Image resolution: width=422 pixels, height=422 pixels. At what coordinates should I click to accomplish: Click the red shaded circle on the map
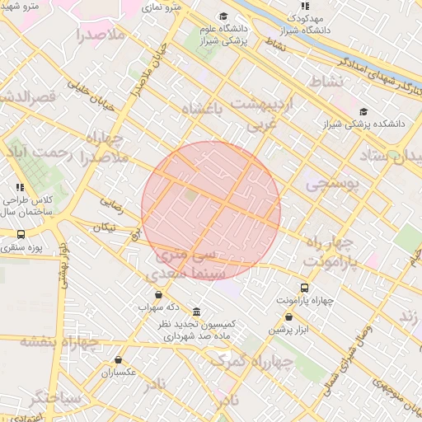click(211, 210)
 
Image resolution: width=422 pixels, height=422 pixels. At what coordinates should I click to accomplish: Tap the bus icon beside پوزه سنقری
click(21, 234)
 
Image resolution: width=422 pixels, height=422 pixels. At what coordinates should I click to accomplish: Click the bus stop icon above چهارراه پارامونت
click(305, 288)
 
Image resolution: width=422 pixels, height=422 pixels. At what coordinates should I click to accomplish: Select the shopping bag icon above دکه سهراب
click(158, 293)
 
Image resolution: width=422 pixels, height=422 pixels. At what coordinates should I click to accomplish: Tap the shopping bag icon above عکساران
click(120, 360)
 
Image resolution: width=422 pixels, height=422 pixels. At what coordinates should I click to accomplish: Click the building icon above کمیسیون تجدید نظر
click(196, 312)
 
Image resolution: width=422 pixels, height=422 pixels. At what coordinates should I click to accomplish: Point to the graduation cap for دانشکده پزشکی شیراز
click(363, 111)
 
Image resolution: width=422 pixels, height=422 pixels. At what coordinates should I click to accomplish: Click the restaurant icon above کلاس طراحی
click(20, 188)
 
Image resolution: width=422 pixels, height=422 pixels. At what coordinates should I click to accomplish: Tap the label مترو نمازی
click(161, 7)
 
